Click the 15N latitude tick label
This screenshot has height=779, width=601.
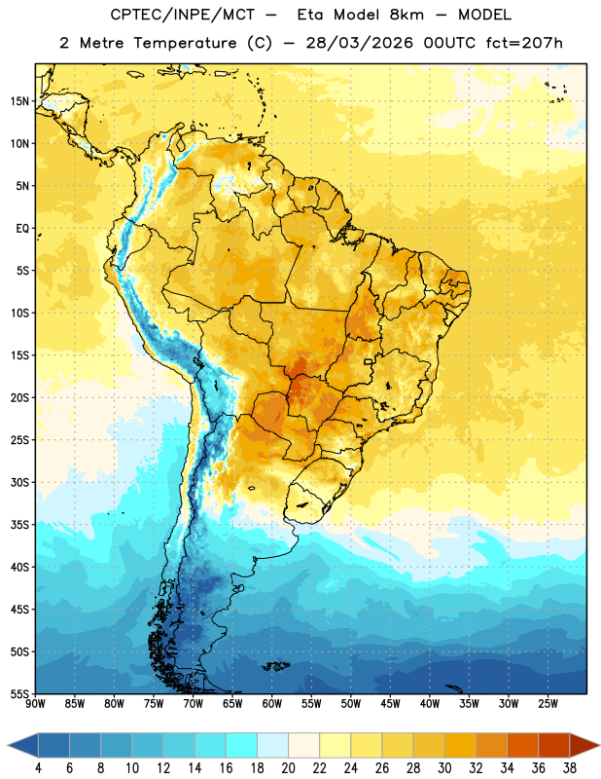click(x=19, y=101)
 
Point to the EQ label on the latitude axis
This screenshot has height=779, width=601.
click(x=22, y=229)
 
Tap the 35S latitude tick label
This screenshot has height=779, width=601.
click(x=19, y=525)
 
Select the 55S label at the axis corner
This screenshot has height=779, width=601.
click(x=19, y=693)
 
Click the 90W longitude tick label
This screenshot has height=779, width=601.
click(x=35, y=704)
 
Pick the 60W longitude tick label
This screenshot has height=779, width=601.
click(x=272, y=704)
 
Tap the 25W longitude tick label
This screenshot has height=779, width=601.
click(x=548, y=704)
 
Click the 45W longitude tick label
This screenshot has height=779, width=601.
click(x=390, y=704)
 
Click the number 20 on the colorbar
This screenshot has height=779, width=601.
click(x=288, y=768)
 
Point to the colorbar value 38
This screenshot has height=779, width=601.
click(x=569, y=768)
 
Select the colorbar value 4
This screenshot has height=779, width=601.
click(x=38, y=768)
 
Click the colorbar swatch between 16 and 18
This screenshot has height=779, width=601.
click(x=241, y=745)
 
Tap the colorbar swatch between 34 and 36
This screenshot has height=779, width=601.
click(x=522, y=745)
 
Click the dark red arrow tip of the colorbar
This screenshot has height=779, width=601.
click(x=598, y=745)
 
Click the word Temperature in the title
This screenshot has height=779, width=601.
click(x=186, y=43)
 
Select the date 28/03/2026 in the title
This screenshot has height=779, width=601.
click(x=359, y=43)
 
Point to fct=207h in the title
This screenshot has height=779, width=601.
click(x=524, y=43)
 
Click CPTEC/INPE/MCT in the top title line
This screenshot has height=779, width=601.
click(x=182, y=15)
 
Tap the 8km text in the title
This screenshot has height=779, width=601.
click(x=407, y=15)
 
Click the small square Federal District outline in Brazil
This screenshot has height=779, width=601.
click(x=369, y=362)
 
